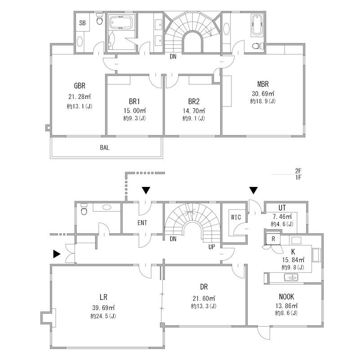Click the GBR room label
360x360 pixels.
[80, 86]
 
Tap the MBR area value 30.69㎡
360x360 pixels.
[263, 93]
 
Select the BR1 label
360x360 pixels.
[134, 102]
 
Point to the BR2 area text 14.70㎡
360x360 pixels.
[194, 111]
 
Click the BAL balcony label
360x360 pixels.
[105, 147]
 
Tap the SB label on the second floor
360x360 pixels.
[82, 23]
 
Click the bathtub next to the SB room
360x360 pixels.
[121, 22]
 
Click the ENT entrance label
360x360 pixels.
[142, 223]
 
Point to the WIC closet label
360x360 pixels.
[236, 217]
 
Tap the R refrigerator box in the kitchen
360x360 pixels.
[273, 239]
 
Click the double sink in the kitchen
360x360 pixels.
[291, 277]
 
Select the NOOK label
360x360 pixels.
[286, 297]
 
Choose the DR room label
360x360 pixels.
[204, 287]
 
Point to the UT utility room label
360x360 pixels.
[282, 208]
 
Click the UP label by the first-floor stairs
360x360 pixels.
[212, 247]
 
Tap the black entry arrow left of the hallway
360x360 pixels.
[57, 254]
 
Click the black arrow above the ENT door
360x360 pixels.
[146, 190]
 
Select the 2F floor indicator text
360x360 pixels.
[298, 171]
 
